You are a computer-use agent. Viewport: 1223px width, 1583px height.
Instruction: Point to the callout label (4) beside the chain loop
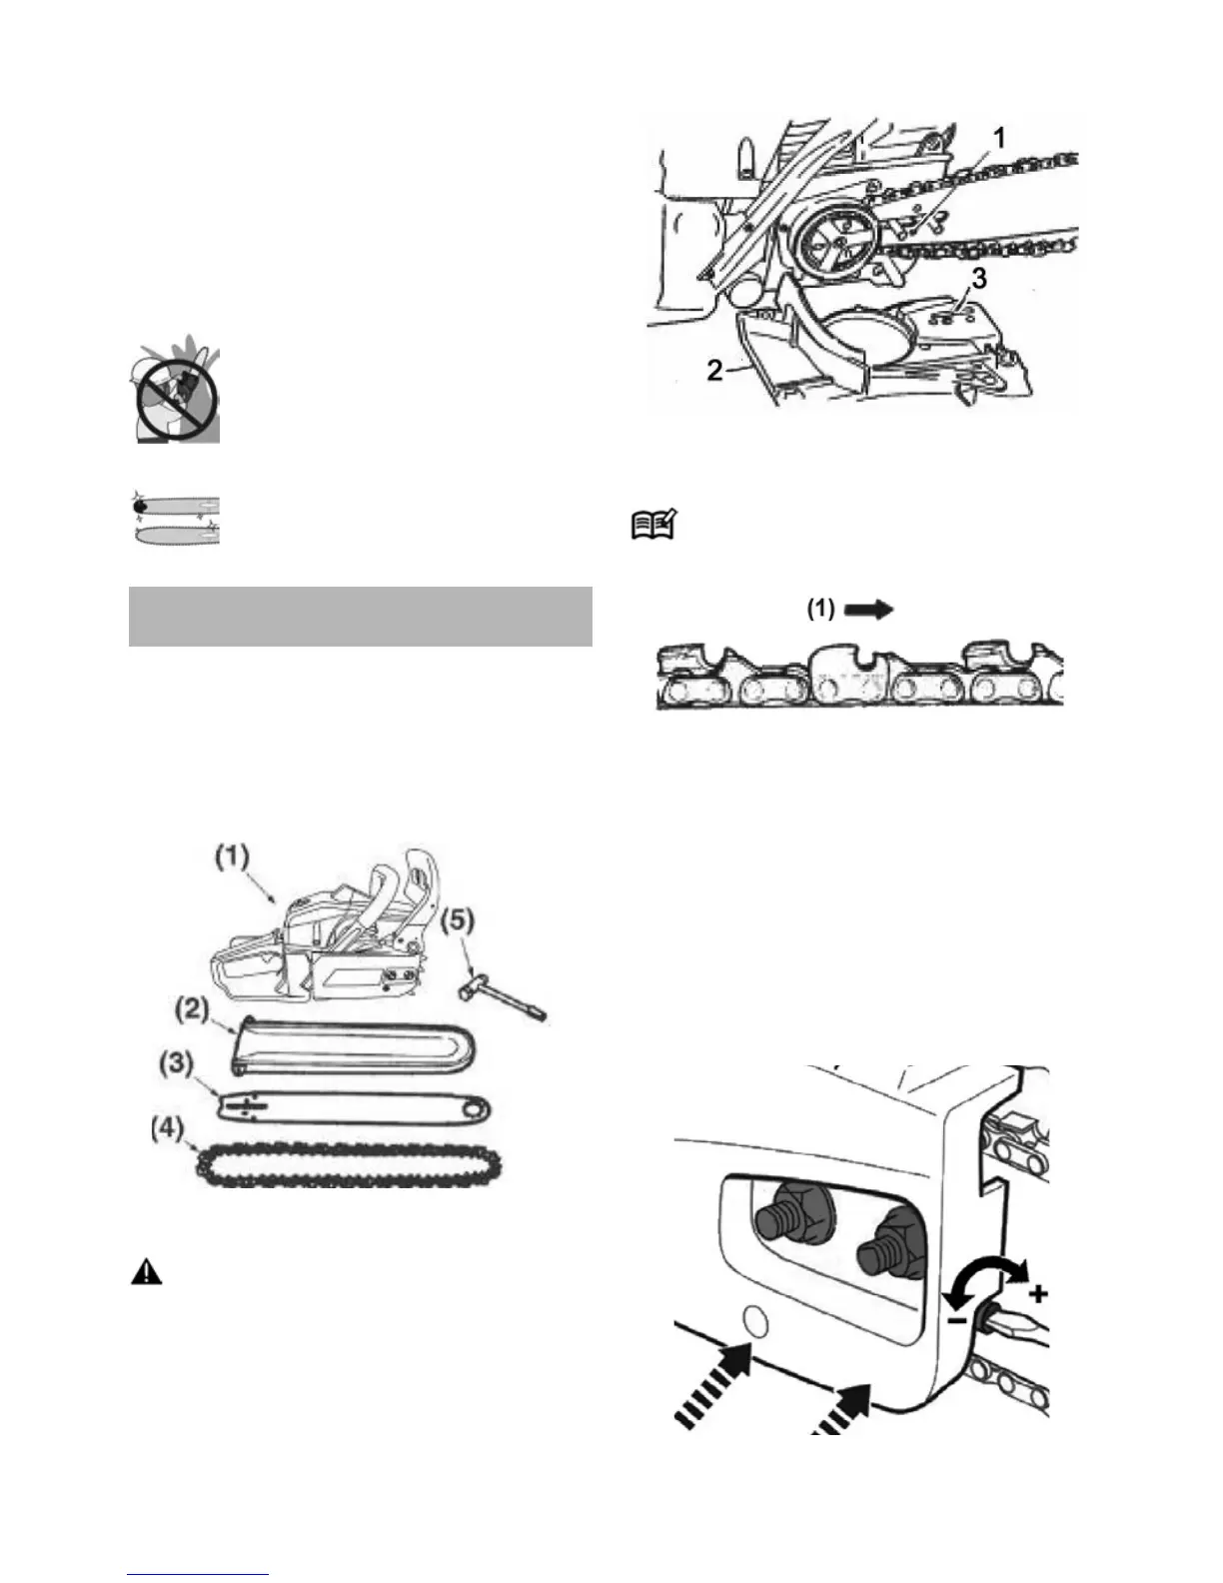pos(168,1129)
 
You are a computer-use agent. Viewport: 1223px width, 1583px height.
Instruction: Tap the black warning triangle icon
pos(146,1272)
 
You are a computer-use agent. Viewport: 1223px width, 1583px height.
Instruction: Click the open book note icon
pos(654,526)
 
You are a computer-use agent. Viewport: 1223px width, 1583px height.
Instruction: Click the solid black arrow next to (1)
pos(868,611)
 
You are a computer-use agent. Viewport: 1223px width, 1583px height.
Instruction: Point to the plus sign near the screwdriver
pos(1038,1294)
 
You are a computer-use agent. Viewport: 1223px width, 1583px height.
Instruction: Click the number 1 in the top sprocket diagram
pos(1000,136)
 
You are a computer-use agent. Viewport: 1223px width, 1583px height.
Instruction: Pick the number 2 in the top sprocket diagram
pos(714,370)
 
